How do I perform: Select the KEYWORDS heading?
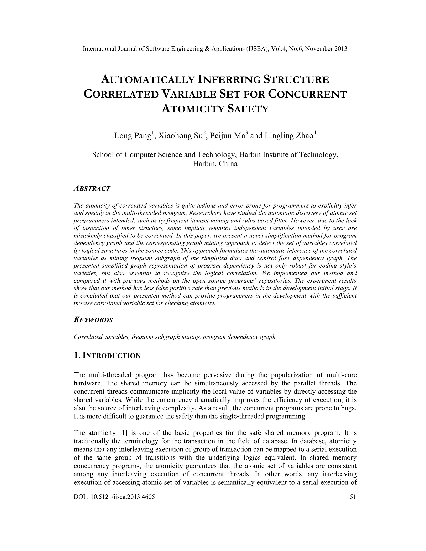(93, 320)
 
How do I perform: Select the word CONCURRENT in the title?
(307, 94)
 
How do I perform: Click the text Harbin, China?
(215, 164)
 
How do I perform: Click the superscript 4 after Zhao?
(315, 133)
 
